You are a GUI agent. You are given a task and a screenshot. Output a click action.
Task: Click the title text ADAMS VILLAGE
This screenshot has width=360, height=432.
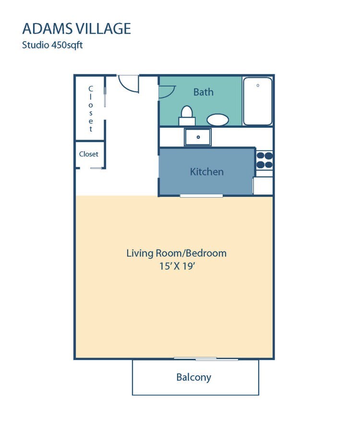(76, 28)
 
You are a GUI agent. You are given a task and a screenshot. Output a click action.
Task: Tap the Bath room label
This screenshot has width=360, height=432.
(204, 92)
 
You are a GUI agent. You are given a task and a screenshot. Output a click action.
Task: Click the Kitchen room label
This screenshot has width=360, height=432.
(206, 171)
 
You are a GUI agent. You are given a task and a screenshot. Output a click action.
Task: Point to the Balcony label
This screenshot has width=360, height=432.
(193, 377)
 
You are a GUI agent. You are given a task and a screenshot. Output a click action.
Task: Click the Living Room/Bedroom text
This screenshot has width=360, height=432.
(176, 253)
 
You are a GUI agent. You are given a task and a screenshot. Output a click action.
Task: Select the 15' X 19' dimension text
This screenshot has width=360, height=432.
(176, 266)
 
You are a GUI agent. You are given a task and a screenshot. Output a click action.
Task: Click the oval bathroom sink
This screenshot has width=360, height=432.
(217, 120)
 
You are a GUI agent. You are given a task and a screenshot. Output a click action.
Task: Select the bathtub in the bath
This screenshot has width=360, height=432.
(258, 101)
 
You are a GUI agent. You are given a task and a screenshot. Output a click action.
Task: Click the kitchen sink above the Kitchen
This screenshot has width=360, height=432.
(198, 137)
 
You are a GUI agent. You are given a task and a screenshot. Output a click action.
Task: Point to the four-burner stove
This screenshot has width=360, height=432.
(264, 160)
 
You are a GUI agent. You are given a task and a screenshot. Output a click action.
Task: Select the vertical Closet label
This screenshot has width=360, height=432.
(90, 109)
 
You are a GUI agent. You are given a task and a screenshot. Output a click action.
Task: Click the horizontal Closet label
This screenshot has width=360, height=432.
(89, 154)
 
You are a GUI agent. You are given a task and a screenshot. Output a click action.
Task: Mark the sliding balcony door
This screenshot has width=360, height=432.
(205, 359)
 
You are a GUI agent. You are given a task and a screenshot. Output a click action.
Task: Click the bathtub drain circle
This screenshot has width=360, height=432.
(258, 85)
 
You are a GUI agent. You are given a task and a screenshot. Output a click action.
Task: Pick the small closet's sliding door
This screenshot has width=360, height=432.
(97, 168)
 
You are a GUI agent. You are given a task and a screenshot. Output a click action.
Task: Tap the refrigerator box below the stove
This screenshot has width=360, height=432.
(263, 185)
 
